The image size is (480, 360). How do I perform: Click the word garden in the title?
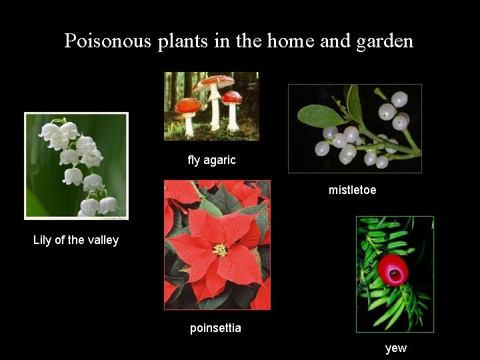point(385,41)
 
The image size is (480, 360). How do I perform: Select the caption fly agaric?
point(211,160)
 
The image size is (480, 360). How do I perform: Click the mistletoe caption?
point(352,190)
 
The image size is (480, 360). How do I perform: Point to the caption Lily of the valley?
point(76,240)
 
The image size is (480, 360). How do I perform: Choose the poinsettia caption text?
point(215,328)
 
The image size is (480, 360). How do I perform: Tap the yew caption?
point(395,348)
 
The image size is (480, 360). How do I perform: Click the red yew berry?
point(393,269)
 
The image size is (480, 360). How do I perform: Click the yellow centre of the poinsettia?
point(220,250)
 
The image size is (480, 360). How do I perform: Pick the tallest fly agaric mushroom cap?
point(213,82)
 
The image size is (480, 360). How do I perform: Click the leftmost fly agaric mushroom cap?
point(188,105)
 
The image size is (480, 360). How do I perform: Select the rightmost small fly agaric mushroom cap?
point(232,97)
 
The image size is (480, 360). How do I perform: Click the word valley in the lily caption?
point(103,240)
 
